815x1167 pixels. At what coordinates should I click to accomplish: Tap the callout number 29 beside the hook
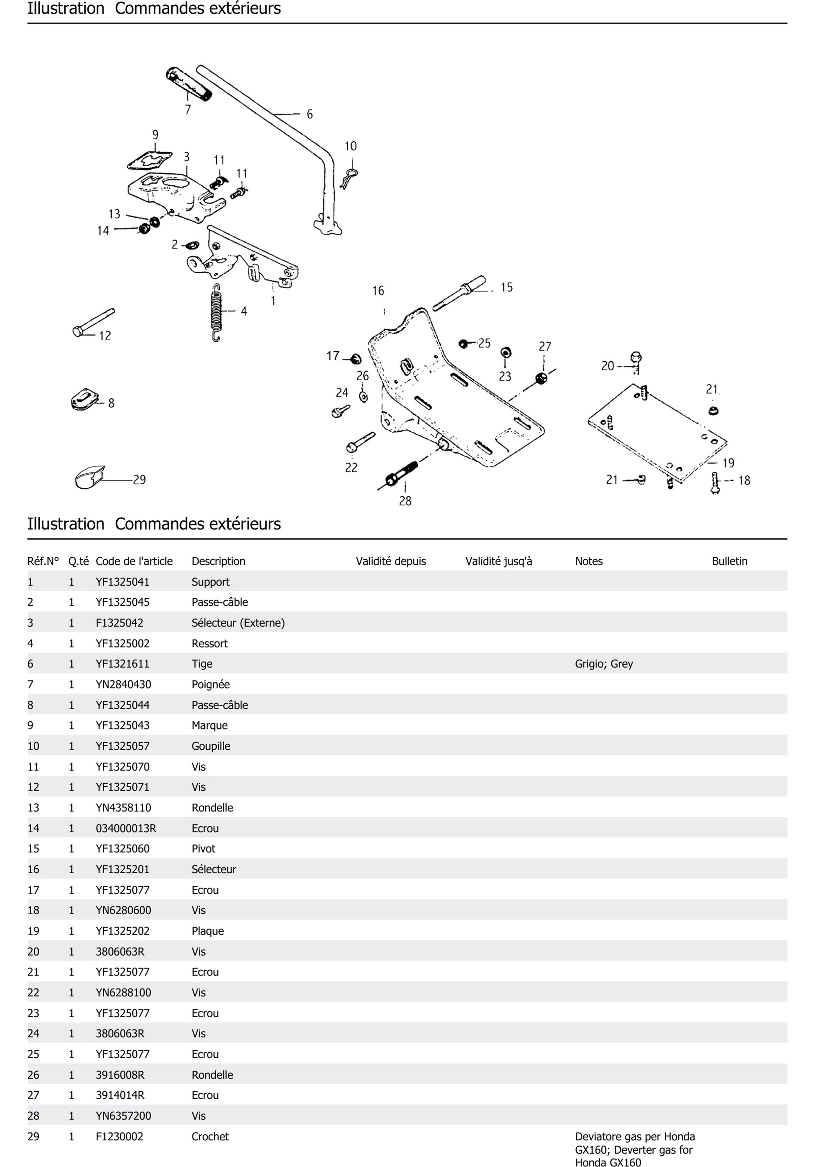(x=139, y=480)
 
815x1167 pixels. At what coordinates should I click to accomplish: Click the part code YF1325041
(x=123, y=582)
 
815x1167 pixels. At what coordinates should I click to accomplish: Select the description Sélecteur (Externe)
(x=238, y=623)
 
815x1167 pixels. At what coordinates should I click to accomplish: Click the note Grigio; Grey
(x=603, y=664)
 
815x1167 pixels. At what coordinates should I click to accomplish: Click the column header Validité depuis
(x=390, y=561)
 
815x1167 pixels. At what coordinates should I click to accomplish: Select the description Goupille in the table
(x=211, y=746)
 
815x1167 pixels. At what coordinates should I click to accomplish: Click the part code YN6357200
(x=123, y=1116)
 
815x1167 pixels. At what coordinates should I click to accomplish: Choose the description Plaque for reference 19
(x=207, y=931)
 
